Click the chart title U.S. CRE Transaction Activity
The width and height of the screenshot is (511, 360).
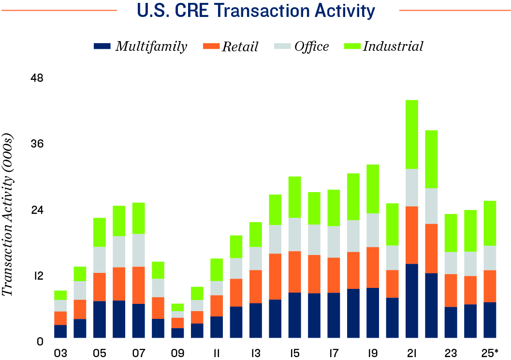pyautogui.click(x=255, y=11)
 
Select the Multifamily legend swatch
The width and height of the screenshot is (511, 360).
pyautogui.click(x=102, y=46)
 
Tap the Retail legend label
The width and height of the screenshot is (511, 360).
pyautogui.click(x=240, y=46)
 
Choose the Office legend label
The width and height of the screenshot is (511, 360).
pyautogui.click(x=311, y=46)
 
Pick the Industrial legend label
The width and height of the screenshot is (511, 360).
pyautogui.click(x=393, y=46)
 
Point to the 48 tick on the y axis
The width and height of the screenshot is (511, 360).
pyautogui.click(x=37, y=78)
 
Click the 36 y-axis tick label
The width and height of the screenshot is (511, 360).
pyautogui.click(x=37, y=144)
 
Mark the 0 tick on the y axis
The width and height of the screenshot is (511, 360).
pyautogui.click(x=41, y=342)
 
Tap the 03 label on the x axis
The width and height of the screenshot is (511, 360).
pyautogui.click(x=60, y=353)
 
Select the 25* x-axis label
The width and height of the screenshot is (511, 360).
pyautogui.click(x=490, y=353)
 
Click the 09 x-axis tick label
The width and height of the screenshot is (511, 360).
pyautogui.click(x=177, y=353)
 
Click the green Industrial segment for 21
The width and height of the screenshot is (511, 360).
pyautogui.click(x=411, y=135)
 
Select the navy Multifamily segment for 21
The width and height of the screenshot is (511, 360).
pyautogui.click(x=411, y=300)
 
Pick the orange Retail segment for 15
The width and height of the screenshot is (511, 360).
pyautogui.click(x=294, y=271)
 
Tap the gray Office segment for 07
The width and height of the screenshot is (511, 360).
pyautogui.click(x=138, y=250)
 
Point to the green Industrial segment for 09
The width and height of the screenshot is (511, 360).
pyautogui.click(x=177, y=307)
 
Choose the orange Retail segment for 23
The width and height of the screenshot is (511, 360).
pyautogui.click(x=451, y=290)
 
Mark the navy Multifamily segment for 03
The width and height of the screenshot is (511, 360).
pyautogui.click(x=60, y=331)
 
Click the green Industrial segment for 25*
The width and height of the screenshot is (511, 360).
pyautogui.click(x=490, y=223)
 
